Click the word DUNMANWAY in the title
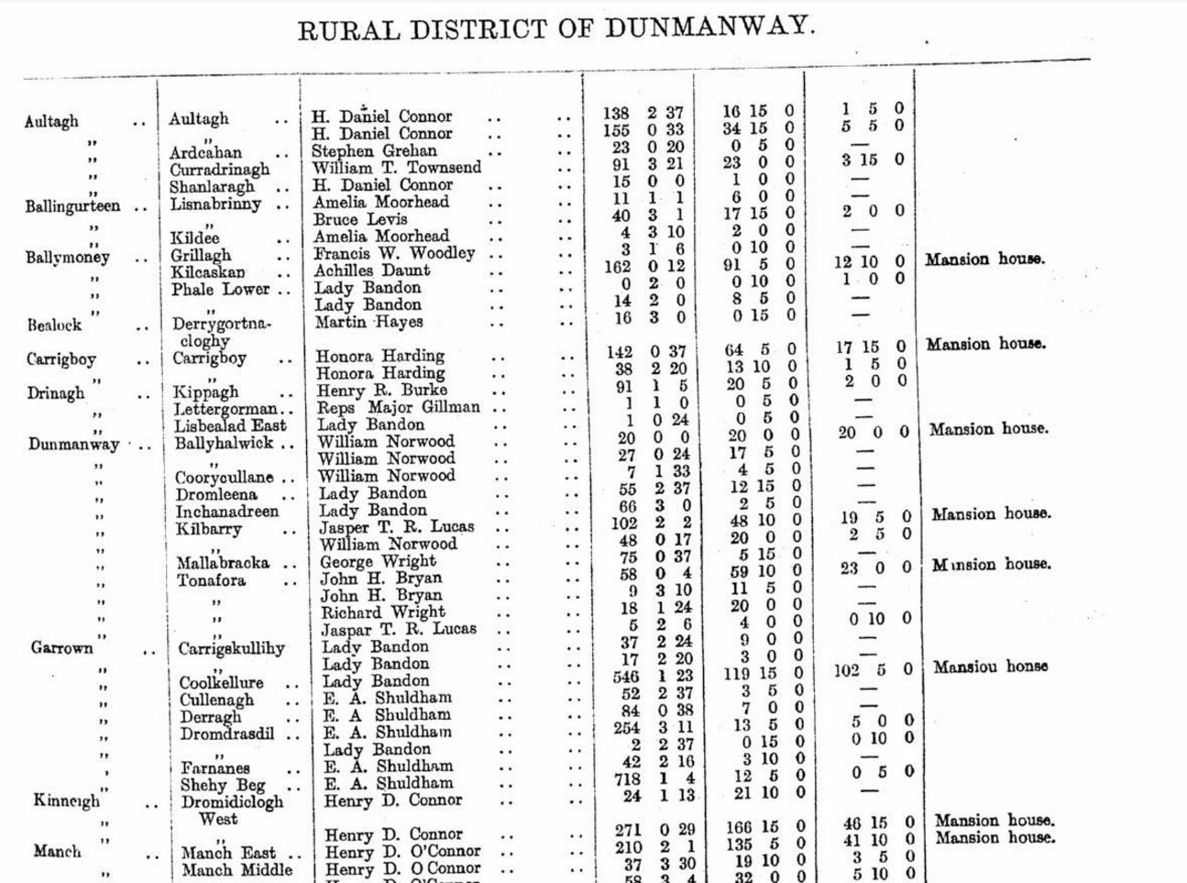point(697,27)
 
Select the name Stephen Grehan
point(374,151)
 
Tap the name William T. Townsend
point(396,169)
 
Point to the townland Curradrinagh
point(220,170)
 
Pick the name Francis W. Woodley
point(394,254)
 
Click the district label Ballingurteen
point(72,206)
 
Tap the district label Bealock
point(54,326)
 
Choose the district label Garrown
point(61,648)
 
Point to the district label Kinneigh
point(67,800)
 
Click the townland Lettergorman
point(225,409)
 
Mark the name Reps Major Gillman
point(398,407)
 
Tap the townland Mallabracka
point(223,563)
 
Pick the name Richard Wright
point(382,613)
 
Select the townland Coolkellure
point(221,683)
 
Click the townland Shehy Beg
point(223,785)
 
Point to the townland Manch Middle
point(236,869)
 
